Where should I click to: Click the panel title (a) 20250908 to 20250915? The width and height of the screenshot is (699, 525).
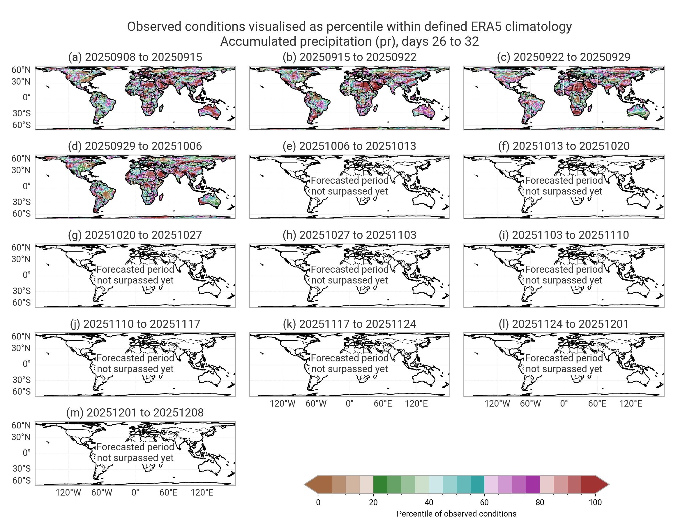pos(135,57)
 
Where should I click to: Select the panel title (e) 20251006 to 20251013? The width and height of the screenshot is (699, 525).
pos(349,146)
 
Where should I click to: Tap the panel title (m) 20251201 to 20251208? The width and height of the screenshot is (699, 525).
pos(135,413)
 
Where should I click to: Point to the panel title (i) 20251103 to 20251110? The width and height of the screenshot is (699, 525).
pos(564,235)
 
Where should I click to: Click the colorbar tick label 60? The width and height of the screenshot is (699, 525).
pos(484,503)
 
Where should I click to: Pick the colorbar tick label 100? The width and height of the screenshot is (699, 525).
pos(595,503)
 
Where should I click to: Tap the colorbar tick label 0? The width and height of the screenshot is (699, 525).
pos(318,503)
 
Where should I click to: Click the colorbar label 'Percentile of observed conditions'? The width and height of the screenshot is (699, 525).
pos(456,514)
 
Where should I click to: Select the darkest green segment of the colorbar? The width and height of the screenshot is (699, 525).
pos(380,484)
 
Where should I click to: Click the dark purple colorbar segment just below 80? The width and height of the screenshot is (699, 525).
pos(533,484)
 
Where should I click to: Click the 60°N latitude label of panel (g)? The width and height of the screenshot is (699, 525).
pos(21,247)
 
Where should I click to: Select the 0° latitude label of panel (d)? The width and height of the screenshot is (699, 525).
pos(27,186)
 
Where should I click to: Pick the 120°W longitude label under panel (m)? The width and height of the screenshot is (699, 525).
pos(68,493)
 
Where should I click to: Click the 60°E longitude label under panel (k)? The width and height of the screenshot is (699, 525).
pos(383,404)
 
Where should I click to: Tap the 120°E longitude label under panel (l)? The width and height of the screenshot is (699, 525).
pos(631,404)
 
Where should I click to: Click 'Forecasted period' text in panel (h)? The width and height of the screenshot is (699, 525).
pos(349,269)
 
